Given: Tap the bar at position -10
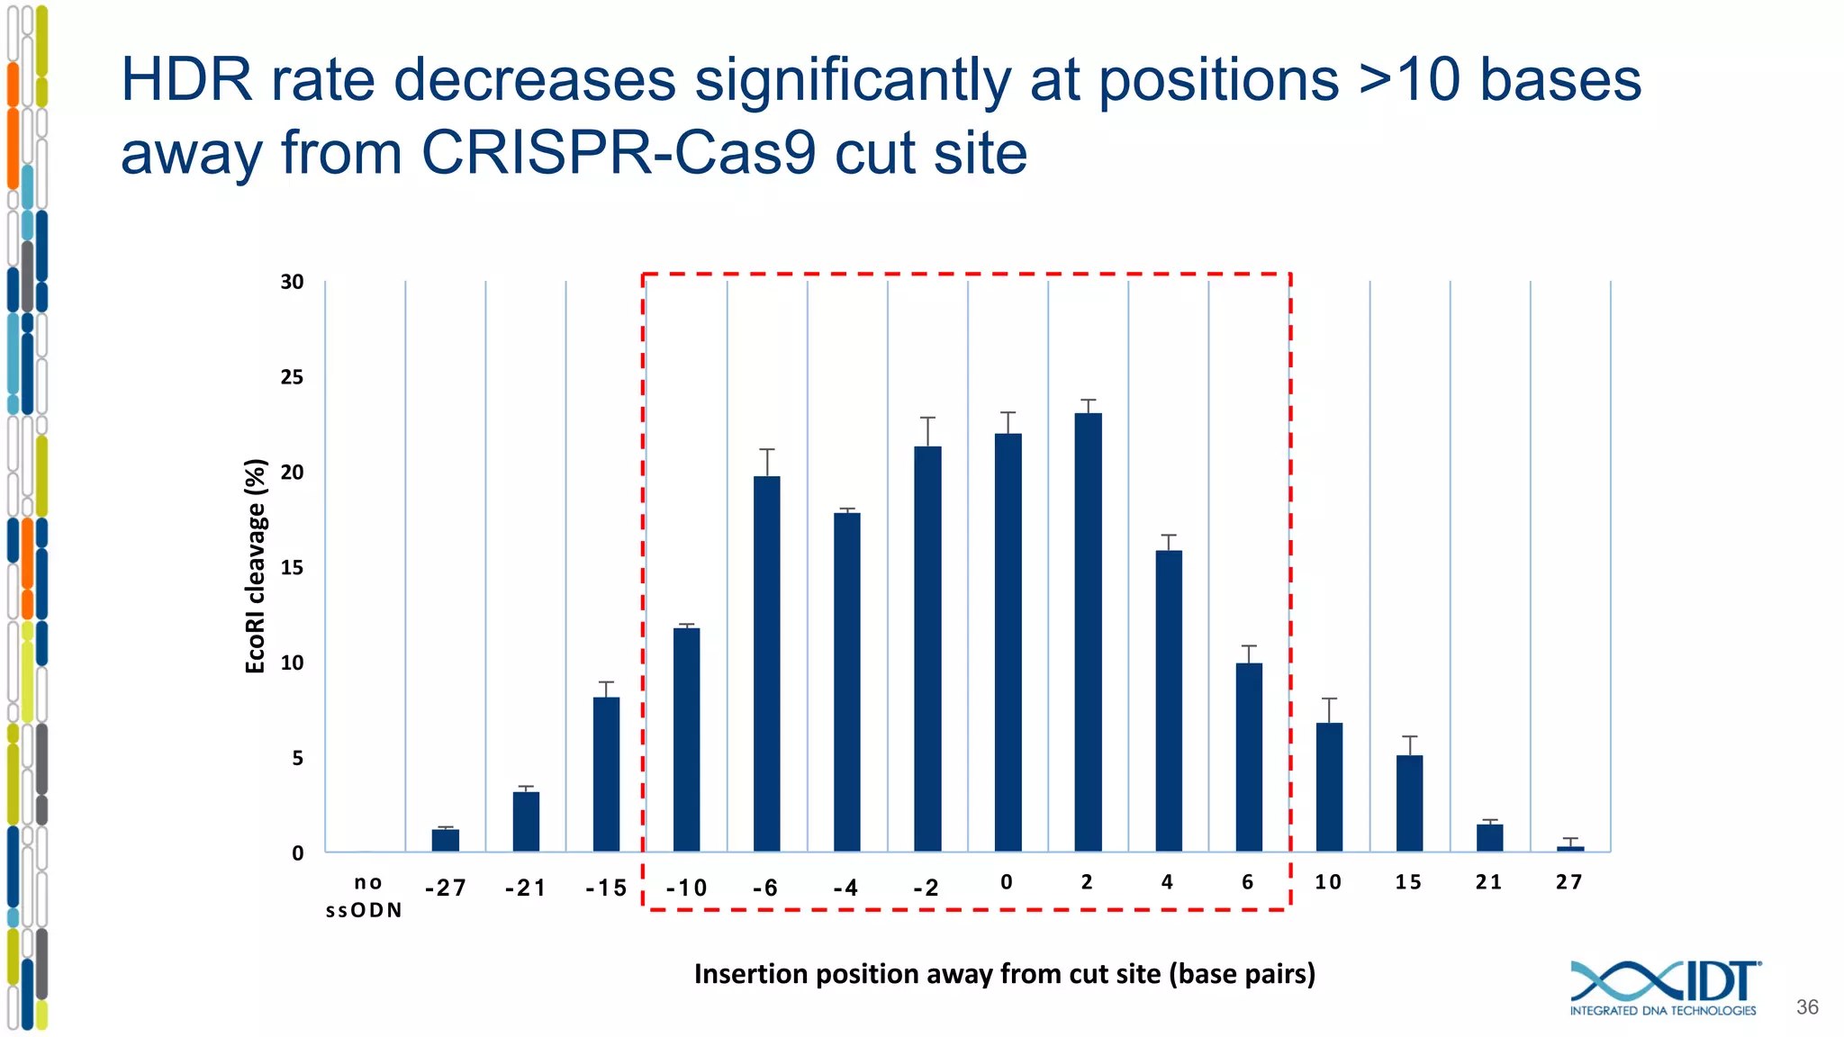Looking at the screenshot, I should pos(686,739).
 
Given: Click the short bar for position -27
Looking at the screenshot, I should pos(445,840).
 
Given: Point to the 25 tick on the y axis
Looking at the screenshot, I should pos(292,377).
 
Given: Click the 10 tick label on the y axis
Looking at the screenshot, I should pos(292,663).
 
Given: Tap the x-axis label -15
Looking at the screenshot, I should pos(606,888).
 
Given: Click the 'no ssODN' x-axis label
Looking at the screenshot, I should pos(365,897).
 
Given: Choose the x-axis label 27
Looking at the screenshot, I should pos(1569,882).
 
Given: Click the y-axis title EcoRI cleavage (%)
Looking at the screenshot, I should pos(256,565).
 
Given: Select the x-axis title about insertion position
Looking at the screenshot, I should pos(1004,974).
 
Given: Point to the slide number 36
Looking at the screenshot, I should pos(1806,1007).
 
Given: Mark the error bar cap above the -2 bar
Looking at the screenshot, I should pos(927,418).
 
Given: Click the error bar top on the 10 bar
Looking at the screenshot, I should pos(1329,699).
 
